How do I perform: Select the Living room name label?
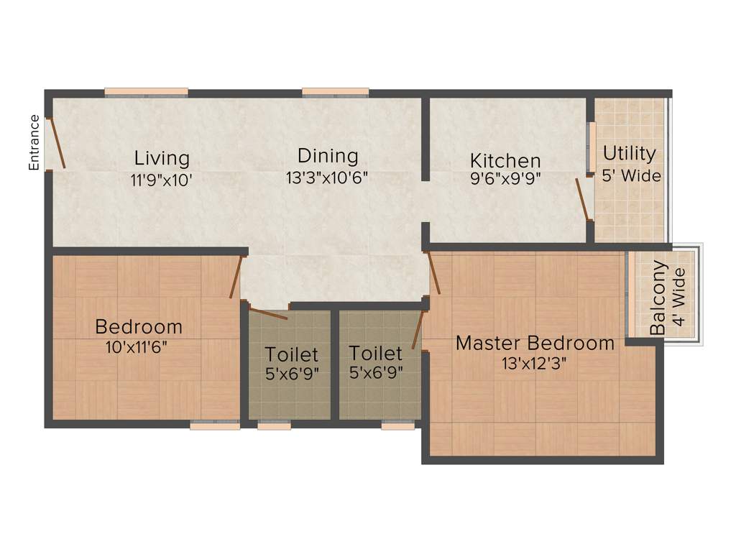(x=162, y=157)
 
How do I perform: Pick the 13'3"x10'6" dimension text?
(x=327, y=178)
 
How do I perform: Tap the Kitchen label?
(x=505, y=160)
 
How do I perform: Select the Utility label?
(x=629, y=153)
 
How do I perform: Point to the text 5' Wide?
(x=632, y=175)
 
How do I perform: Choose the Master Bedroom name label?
(x=535, y=343)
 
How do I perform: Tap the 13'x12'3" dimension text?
(x=535, y=363)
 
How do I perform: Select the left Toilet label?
(x=291, y=354)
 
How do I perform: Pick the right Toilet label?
(x=375, y=353)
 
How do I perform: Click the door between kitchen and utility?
(x=583, y=199)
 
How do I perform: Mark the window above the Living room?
(x=146, y=92)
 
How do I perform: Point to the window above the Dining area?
(x=335, y=92)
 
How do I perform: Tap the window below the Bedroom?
(x=215, y=425)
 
